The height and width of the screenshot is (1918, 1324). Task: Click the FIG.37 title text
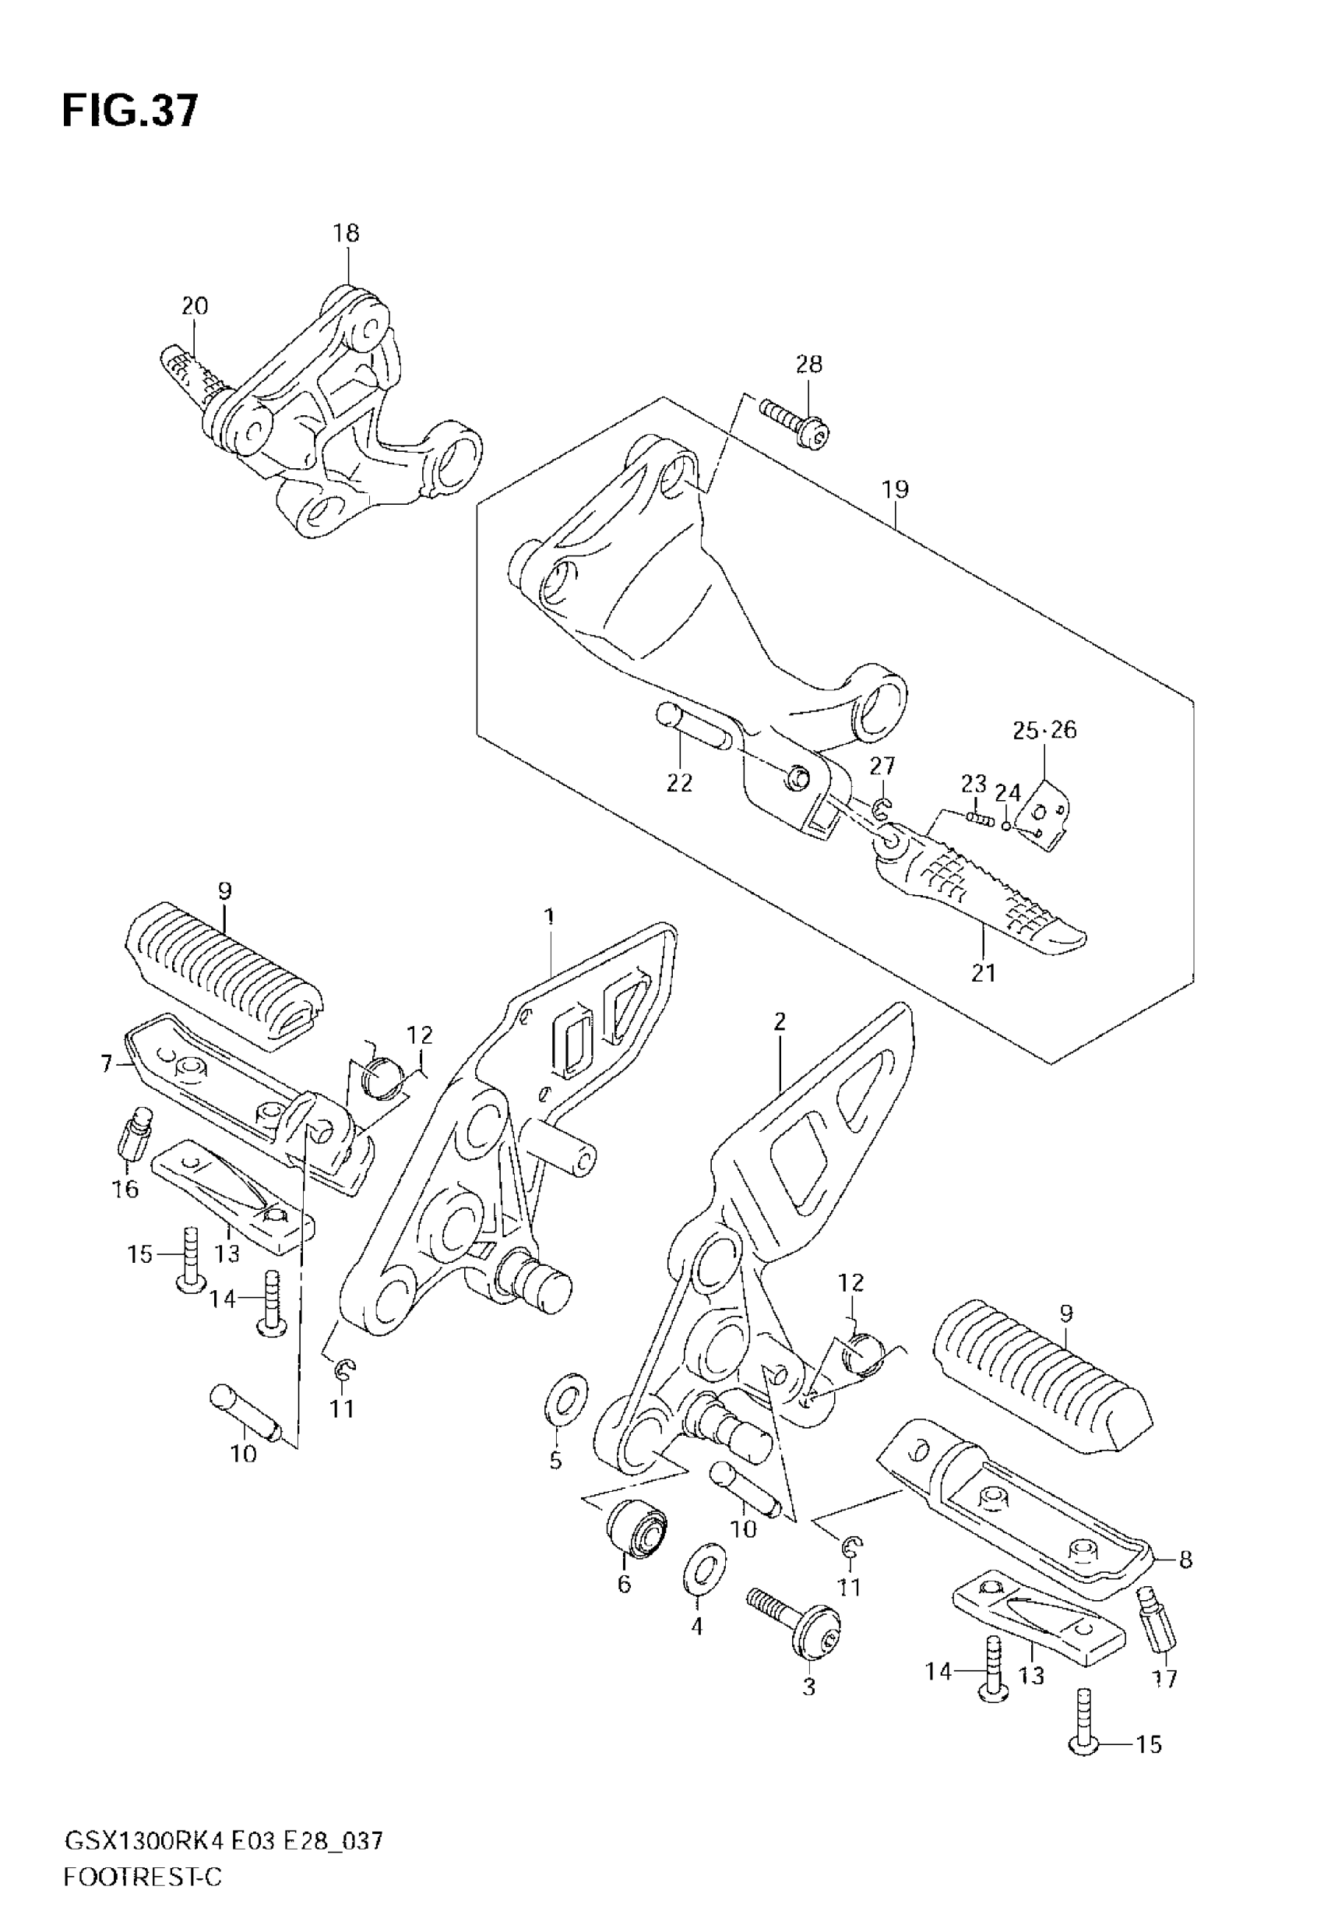coord(130,111)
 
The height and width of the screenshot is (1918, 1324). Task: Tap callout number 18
coord(347,233)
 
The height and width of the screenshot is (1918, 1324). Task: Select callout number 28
coord(809,363)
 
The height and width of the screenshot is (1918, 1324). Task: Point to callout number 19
coord(895,489)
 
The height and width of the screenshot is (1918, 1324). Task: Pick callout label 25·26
coord(1044,730)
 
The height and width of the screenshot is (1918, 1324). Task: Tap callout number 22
coord(678,782)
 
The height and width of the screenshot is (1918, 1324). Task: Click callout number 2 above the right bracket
coord(779,1022)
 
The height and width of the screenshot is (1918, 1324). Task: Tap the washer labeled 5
coord(565,1405)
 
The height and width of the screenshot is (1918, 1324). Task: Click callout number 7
coord(106,1063)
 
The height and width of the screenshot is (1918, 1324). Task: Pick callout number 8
coord(1185,1560)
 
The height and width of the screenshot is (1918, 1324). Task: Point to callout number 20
coord(195,306)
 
